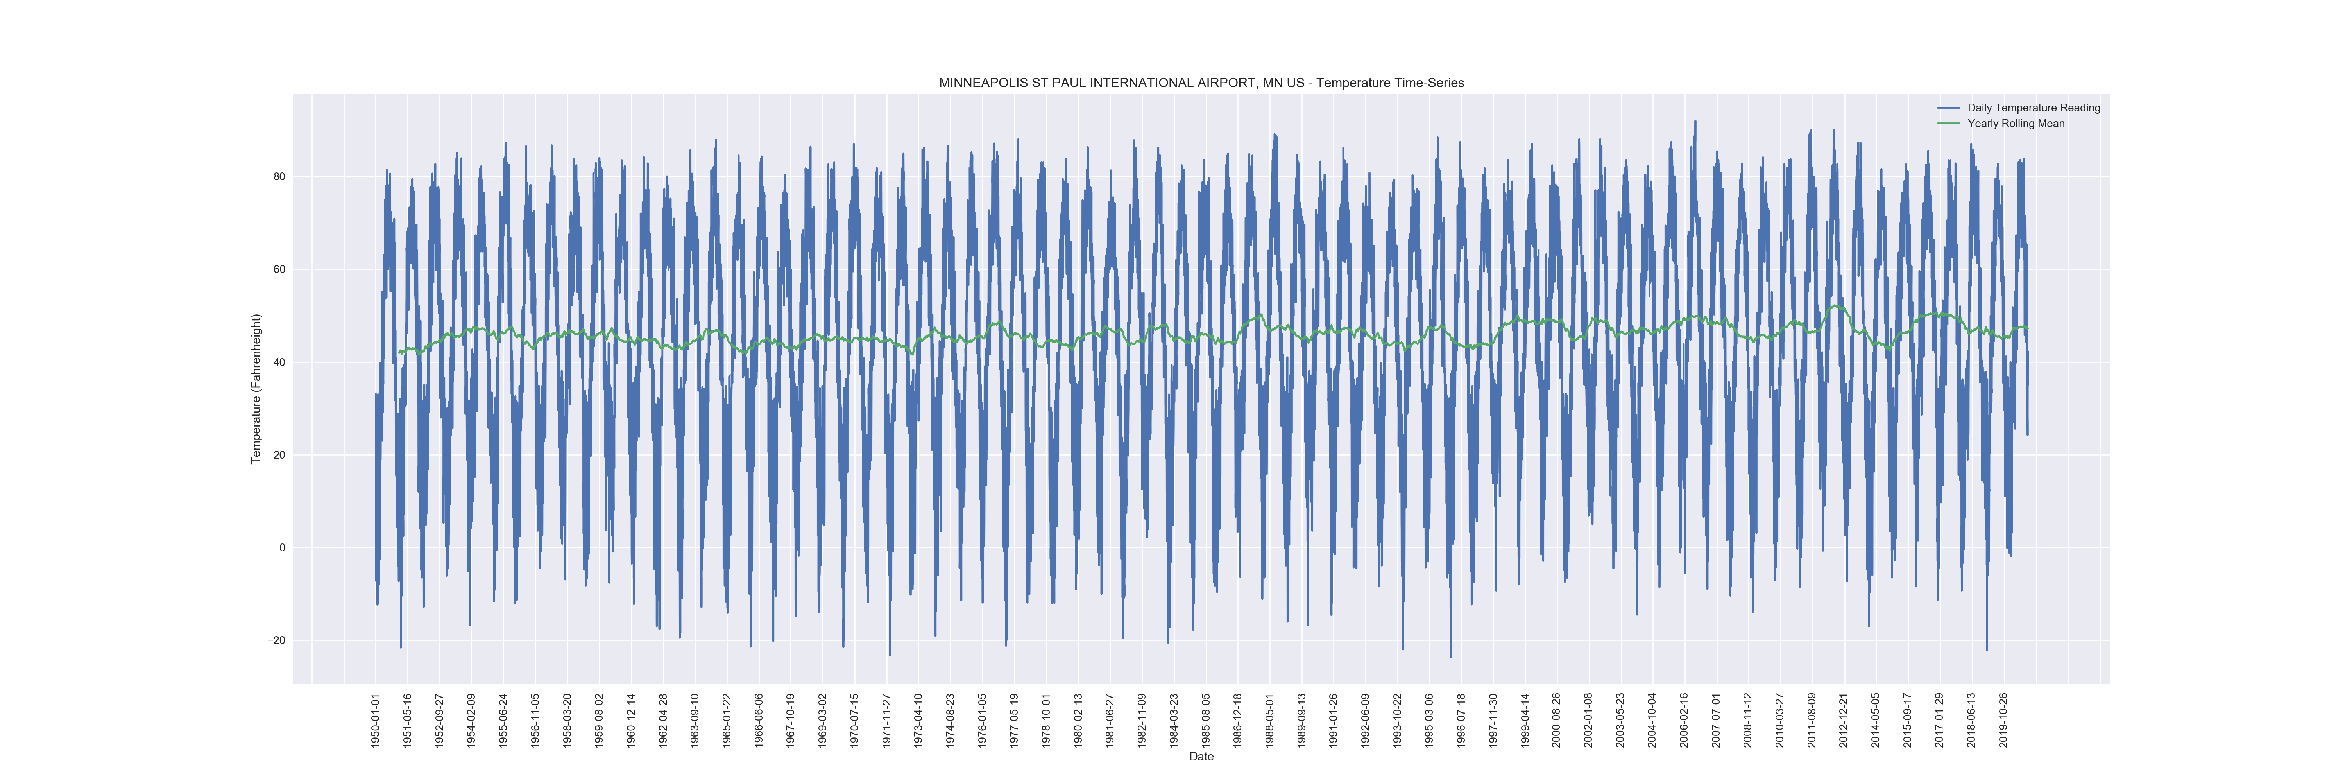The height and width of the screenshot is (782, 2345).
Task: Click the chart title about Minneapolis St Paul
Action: [1201, 83]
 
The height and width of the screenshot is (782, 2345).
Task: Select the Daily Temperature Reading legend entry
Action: [2033, 108]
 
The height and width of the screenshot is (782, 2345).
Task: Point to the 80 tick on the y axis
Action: [279, 177]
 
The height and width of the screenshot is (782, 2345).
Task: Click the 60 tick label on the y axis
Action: [279, 269]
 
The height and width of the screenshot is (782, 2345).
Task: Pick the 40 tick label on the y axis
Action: [279, 362]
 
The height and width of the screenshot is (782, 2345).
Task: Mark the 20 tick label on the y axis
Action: [279, 455]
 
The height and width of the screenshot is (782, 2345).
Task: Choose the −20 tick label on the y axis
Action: [276, 641]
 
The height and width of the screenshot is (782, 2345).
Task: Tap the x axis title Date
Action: [1201, 757]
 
